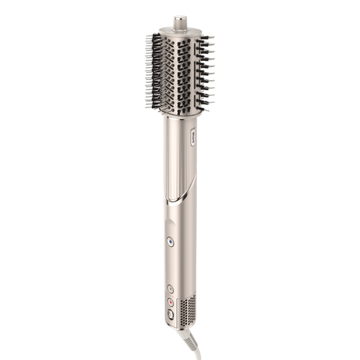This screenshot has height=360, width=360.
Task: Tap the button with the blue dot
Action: (170, 242)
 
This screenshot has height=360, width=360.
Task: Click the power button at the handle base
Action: (170, 314)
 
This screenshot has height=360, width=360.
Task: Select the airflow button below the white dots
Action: (170, 289)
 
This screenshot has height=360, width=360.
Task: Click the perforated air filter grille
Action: (188, 310)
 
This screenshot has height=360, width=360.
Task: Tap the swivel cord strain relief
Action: (185, 337)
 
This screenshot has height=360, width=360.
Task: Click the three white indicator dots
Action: (170, 282)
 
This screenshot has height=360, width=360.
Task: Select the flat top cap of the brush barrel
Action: (178, 31)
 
